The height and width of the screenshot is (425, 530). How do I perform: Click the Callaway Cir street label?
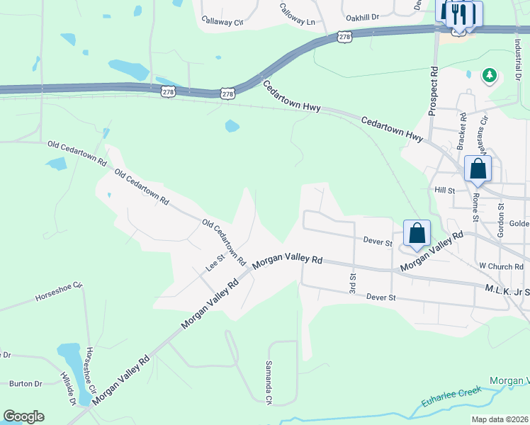[x=222, y=21]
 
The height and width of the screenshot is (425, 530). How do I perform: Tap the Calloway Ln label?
[x=297, y=15]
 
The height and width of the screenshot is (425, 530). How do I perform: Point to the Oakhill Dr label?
[x=362, y=16]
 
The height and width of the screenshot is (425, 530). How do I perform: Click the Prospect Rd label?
[x=433, y=91]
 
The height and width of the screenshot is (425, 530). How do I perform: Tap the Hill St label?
[x=444, y=191]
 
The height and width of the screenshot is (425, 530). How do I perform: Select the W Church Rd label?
[x=500, y=266]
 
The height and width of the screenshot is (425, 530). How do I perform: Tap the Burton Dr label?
[x=26, y=384]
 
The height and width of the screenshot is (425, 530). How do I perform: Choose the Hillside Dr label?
[x=68, y=388]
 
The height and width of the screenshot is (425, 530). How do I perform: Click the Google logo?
[x=23, y=416]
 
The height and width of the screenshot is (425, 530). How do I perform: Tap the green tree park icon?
[x=488, y=74]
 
